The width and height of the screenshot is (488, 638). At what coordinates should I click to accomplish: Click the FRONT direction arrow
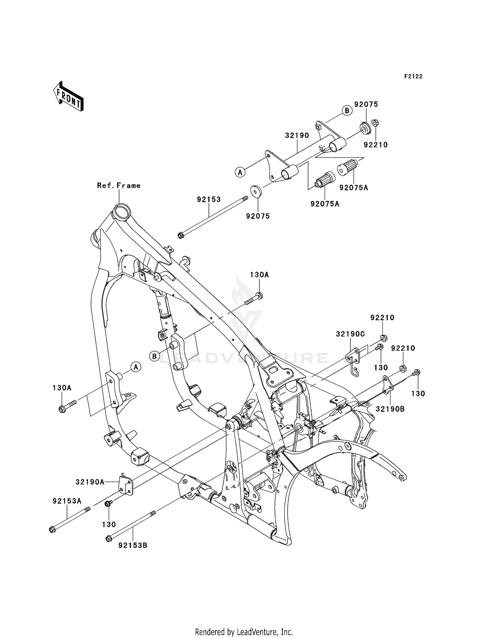68,97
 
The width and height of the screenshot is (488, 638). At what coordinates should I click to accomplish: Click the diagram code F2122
413,76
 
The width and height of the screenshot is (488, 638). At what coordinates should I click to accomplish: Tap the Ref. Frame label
119,186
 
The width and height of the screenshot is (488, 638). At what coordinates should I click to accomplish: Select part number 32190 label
297,135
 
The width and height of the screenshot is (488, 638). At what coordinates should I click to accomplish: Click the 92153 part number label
209,199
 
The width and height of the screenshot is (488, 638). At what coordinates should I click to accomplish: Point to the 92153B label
133,545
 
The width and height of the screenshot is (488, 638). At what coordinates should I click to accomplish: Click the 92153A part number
67,501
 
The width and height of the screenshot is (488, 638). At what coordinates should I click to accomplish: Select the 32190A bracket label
90,482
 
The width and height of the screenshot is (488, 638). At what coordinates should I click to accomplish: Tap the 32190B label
390,409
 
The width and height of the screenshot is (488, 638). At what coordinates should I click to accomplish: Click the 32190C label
350,334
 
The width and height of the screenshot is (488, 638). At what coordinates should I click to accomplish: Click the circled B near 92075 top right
347,111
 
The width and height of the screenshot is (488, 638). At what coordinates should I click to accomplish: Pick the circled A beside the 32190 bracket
240,172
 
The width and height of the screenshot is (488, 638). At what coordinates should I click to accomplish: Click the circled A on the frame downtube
136,367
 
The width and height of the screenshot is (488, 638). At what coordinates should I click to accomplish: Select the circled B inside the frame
155,356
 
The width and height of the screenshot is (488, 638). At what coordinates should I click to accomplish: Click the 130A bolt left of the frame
67,406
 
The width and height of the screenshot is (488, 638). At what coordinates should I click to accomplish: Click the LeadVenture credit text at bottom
244,632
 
